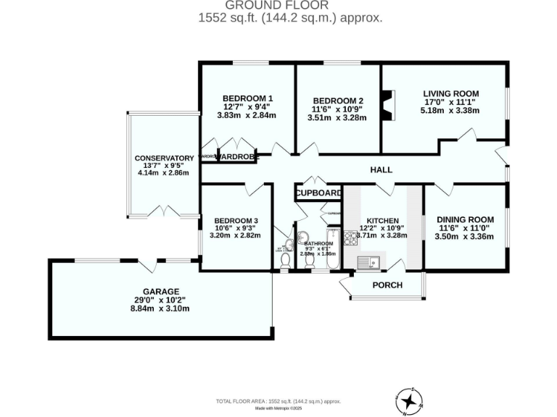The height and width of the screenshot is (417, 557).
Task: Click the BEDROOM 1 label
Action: pyautogui.click(x=247, y=98)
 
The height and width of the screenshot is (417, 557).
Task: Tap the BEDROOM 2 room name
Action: pyautogui.click(x=338, y=101)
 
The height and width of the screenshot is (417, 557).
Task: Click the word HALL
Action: pyautogui.click(x=381, y=170)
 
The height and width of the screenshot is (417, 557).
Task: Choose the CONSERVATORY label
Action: pyautogui.click(x=164, y=158)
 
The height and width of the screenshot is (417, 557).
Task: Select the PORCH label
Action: pyautogui.click(x=387, y=285)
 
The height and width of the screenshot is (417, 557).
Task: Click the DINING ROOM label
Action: pyautogui.click(x=465, y=220)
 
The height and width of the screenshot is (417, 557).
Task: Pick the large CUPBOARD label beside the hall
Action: pyautogui.click(x=318, y=193)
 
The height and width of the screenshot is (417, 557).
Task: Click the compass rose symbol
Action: pyautogui.click(x=410, y=398)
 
